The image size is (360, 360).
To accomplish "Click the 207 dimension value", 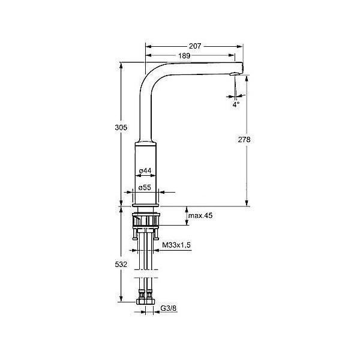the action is coord(195,46).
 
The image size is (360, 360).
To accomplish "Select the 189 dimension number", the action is coord(184,56).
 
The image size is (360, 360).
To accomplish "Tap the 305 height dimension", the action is coord(121,127).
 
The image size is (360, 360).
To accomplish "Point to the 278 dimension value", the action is coord(244,139).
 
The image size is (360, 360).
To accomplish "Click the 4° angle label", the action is coord(236,104).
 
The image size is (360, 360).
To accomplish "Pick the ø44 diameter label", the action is coord(145,170).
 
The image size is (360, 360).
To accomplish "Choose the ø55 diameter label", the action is coord(145,188).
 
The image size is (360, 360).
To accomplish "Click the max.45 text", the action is coord(200,215).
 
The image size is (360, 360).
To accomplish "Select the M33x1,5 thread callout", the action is coord(176,245).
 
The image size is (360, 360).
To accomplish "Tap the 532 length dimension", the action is coord(121,264).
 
